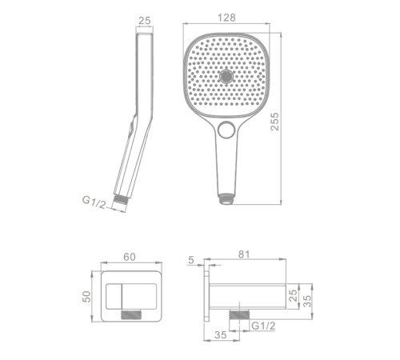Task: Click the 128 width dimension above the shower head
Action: coord(226,18)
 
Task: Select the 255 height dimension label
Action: coord(274,122)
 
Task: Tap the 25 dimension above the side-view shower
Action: coord(145,21)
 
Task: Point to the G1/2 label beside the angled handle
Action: coord(94,202)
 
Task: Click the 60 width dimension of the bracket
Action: coord(130,257)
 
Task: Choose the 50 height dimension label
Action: coord(86,297)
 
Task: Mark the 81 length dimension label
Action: coord(244,254)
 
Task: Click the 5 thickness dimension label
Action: coord(191,260)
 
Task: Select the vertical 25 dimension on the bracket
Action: coord(293,295)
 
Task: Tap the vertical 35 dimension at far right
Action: coord(307,301)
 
